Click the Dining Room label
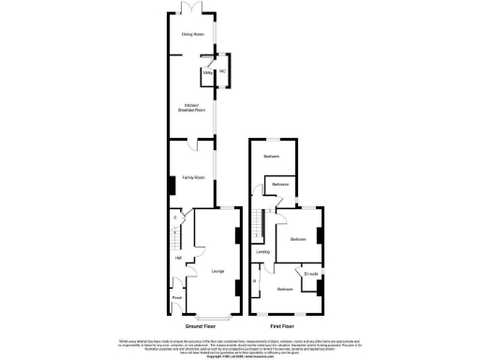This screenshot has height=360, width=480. (192, 36)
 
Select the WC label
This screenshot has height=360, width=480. (223, 71)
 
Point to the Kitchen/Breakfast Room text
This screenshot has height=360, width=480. (193, 108)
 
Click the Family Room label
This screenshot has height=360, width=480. (193, 176)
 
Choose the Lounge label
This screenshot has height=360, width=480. (217, 272)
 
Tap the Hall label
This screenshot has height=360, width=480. (177, 258)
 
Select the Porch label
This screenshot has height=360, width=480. (177, 300)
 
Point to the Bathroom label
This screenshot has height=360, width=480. (280, 185)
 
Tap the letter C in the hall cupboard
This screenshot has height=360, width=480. (175, 218)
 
